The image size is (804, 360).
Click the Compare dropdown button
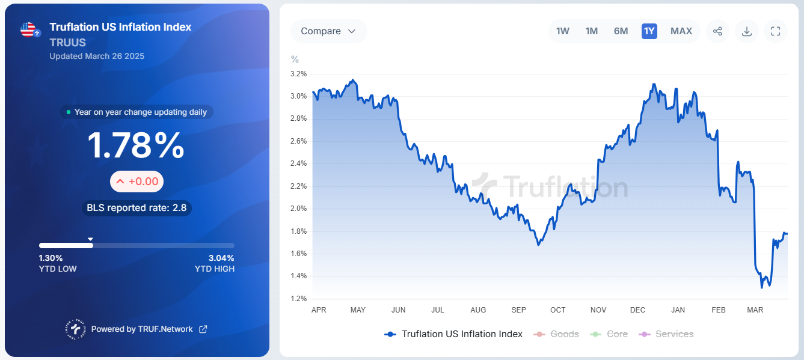[328, 31]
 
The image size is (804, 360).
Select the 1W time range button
[563, 31]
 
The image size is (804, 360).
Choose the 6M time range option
[621, 31]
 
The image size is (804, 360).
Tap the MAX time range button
[681, 31]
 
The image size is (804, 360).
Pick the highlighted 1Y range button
[649, 31]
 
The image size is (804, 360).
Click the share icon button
[717, 31]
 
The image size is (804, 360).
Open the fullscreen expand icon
[775, 31]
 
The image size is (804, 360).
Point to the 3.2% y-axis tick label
[299, 74]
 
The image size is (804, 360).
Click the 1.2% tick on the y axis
[299, 299]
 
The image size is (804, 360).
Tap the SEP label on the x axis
[518, 310]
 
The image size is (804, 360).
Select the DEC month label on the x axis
[637, 310]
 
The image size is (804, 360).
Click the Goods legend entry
[557, 334]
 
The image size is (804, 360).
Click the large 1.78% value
[137, 145]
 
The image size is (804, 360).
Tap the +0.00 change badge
[137, 182]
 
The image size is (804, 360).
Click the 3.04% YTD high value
[221, 258]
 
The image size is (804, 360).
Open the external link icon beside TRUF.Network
[203, 329]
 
